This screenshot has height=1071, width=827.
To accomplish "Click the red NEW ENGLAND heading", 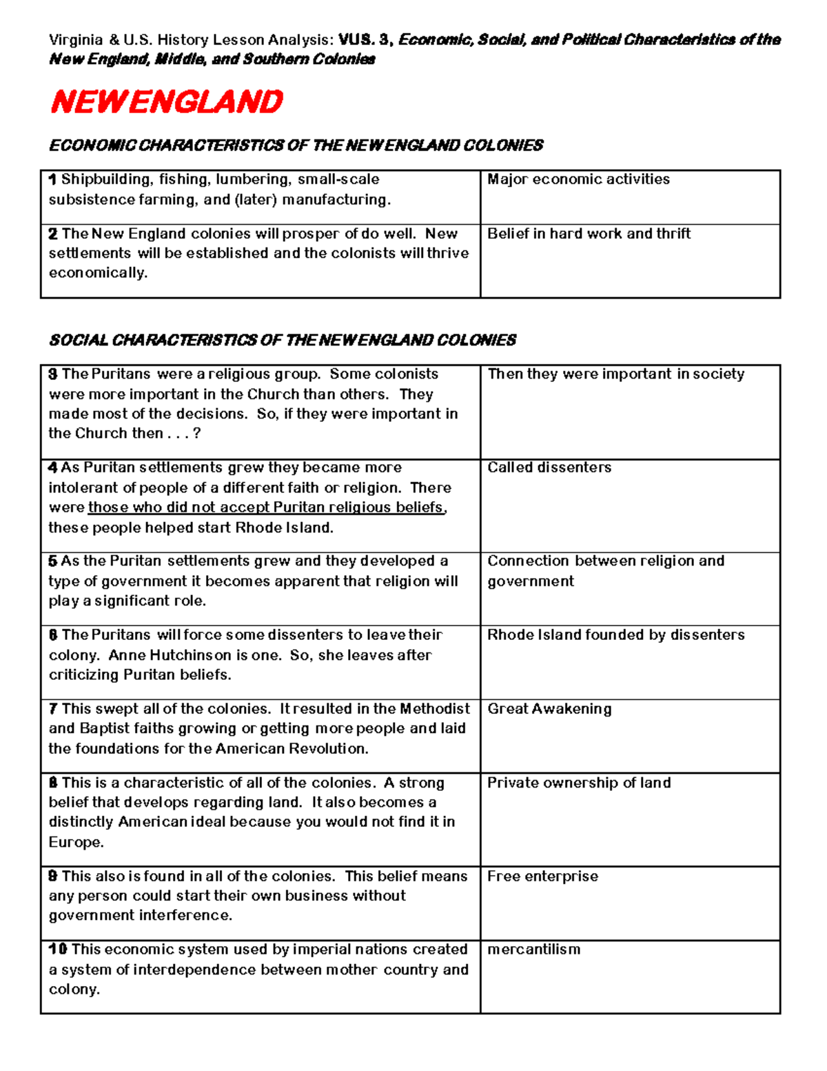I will click(x=166, y=102).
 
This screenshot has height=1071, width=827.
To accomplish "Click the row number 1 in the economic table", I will click(x=52, y=180).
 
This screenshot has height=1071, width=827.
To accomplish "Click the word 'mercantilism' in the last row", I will click(x=533, y=950).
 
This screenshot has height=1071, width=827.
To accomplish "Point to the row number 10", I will click(x=57, y=950).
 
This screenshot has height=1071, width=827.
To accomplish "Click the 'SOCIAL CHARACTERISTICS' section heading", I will click(x=283, y=340).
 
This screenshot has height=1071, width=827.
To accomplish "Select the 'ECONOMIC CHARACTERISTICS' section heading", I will click(x=296, y=146).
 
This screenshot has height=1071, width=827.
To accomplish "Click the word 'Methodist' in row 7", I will click(x=435, y=709).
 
